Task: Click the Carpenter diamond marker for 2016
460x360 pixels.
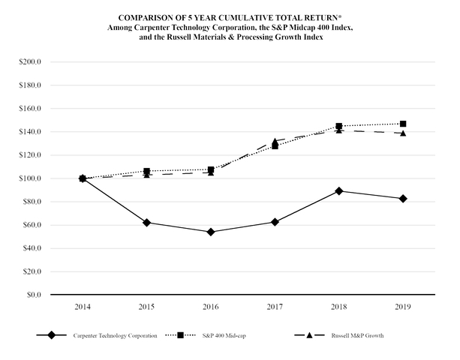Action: point(211,232)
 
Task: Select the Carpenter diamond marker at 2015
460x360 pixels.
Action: point(146,223)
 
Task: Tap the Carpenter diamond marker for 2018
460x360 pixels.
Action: point(339,191)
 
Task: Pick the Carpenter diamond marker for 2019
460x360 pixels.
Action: point(403,199)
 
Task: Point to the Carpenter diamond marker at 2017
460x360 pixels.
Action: point(275,222)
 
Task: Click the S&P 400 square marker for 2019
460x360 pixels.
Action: point(403,124)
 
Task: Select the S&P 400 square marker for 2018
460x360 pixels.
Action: point(339,126)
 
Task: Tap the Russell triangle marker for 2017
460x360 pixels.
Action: point(275,141)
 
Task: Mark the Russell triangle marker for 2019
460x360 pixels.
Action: point(403,133)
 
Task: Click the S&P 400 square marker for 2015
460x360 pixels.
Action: point(146,172)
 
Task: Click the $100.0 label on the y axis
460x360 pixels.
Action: point(29,178)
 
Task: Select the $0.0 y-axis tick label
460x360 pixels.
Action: point(32,295)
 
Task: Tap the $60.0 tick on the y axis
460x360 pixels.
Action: point(31,225)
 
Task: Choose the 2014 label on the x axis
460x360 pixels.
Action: point(83,307)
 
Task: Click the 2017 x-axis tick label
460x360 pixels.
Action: point(275,307)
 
